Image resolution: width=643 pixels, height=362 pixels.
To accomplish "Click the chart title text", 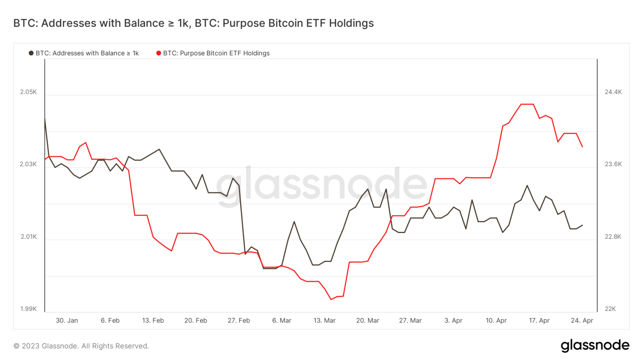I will coord(193,23).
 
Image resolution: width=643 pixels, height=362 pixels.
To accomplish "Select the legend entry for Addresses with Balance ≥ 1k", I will coord(84,53).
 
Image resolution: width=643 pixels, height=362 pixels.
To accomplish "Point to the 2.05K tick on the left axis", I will coord(28,92).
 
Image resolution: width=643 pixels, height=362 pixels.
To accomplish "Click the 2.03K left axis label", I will coord(28,164).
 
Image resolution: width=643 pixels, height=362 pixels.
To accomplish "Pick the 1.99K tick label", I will coord(28,309).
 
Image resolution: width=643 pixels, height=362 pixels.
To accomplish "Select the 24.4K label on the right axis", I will coord(613,92).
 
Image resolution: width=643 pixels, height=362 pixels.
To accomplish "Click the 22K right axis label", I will coord(610,309).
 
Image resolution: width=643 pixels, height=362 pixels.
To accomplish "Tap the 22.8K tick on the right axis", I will coord(613,237).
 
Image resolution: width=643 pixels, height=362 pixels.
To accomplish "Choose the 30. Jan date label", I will coord(67,321).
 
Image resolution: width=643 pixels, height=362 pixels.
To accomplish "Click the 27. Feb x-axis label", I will coord(239,321).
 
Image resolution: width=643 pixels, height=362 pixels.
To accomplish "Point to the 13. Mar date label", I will coord(324,321).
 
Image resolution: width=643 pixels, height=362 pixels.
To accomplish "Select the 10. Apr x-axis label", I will coord(496,321).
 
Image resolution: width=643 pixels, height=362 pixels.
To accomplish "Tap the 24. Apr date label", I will coord(582,321).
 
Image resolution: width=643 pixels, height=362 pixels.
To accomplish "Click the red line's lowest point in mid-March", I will coord(331,299).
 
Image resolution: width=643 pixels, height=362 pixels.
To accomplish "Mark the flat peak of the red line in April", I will coord(527,104).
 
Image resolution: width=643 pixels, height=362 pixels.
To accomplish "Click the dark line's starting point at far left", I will coord(45,118).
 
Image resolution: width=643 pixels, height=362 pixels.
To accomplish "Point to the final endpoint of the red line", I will coord(582,147).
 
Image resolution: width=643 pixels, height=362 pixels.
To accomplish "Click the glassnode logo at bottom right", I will coord(595,345).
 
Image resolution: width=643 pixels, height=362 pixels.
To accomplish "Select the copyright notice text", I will coord(81,346).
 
